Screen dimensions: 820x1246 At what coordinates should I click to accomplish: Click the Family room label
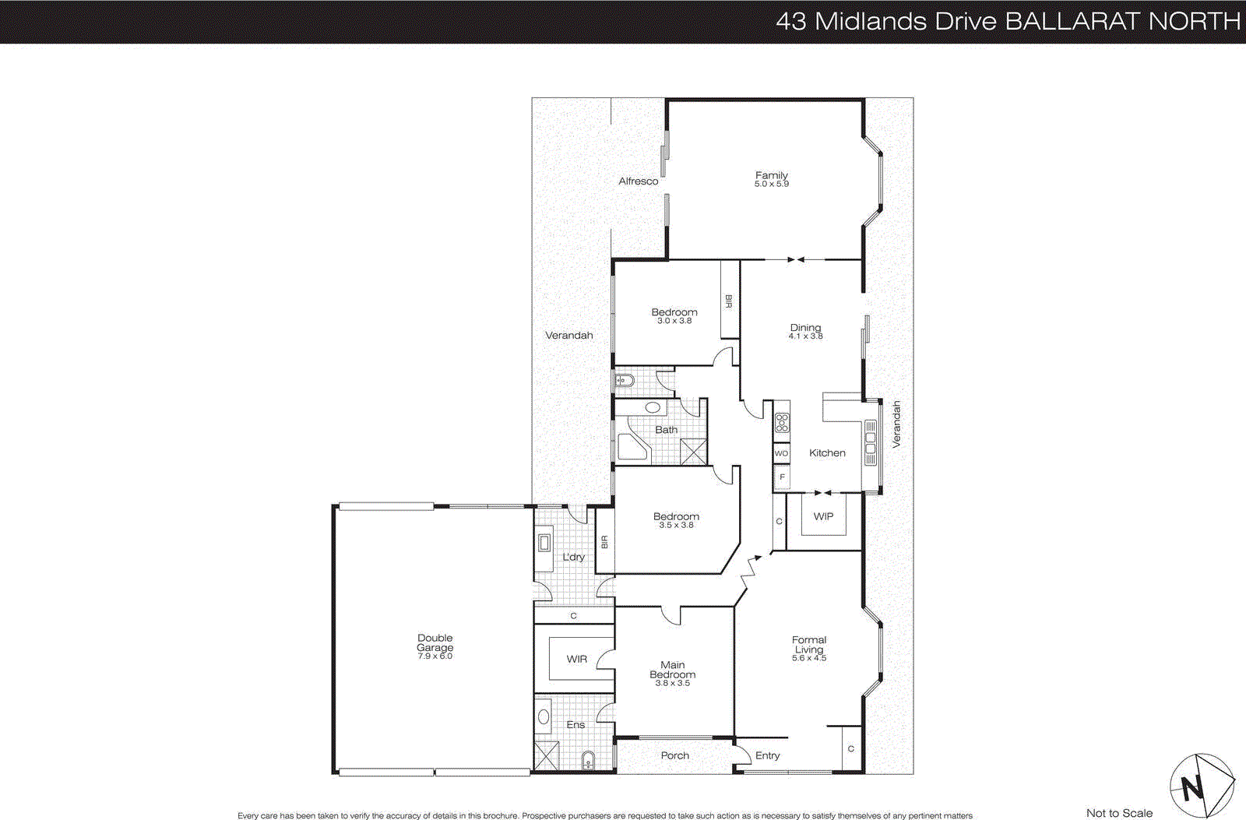(771, 175)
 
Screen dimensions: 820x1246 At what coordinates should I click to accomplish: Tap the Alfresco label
(638, 181)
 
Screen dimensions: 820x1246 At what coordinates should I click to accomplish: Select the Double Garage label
(435, 642)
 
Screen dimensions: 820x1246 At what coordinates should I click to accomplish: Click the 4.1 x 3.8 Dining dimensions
(805, 336)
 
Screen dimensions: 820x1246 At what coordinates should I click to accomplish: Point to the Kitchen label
(827, 452)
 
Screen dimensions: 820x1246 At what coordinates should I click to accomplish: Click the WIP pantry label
(823, 516)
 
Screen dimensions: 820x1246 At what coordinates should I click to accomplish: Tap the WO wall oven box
(781, 453)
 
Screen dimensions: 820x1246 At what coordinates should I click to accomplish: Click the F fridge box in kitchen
(782, 477)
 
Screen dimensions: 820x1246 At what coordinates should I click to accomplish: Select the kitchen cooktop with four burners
(782, 423)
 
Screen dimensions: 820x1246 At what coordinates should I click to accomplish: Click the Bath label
(666, 429)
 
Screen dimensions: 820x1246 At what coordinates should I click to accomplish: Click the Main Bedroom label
(672, 670)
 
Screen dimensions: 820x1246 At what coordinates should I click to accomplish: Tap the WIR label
(576, 659)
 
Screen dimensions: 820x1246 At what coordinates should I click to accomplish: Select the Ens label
(575, 724)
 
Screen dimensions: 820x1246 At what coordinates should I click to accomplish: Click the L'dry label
(573, 557)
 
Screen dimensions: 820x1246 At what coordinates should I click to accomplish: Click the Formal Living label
(809, 645)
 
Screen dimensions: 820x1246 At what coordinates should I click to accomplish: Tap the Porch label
(674, 755)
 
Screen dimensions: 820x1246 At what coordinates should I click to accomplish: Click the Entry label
(767, 755)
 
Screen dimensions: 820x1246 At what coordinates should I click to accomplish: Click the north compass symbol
(1201, 786)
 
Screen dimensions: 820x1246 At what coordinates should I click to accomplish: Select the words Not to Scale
(1119, 813)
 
